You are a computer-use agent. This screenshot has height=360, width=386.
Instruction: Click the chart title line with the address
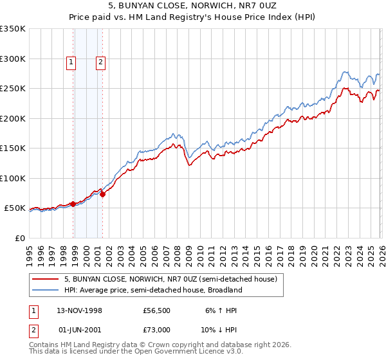pos(193,6)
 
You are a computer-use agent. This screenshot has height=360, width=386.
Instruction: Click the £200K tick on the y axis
pos(13,118)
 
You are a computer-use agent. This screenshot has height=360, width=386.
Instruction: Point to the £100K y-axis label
pos(13,178)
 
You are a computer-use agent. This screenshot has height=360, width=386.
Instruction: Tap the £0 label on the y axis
pos(20,238)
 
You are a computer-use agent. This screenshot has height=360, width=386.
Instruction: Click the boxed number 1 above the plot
pos(70,62)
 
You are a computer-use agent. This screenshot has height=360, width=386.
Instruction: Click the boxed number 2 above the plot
pos(101,62)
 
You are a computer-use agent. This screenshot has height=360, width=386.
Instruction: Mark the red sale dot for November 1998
pos(73,204)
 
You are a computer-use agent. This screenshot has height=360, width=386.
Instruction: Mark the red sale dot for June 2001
pos(102,194)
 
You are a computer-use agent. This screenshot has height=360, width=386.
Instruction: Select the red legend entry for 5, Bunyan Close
pos(170,279)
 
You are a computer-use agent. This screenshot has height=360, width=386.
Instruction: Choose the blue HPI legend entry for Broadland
pos(152,290)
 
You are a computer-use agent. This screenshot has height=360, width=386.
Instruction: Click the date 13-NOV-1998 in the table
pos(80,310)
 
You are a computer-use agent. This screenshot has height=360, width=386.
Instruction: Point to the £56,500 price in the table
pos(156,310)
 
